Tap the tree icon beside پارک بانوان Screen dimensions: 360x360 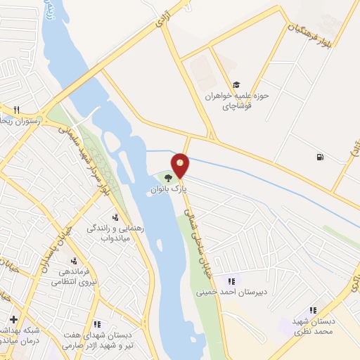tap(167, 176)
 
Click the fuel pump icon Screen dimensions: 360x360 tap(321, 157)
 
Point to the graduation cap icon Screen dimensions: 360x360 tap(236, 84)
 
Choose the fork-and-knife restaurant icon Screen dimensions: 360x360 tap(15, 109)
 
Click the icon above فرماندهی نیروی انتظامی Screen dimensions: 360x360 tap(73, 261)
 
